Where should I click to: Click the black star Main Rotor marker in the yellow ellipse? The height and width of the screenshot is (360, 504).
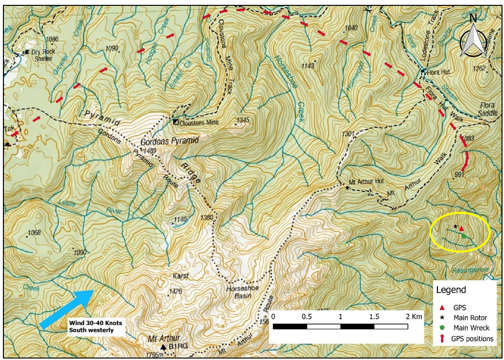coord(455,226)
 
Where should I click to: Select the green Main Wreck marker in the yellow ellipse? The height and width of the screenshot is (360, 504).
coord(464,236)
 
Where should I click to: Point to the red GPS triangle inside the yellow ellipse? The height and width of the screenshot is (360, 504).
coord(461,228)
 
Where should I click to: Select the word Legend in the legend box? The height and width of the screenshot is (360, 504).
coord(451,290)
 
